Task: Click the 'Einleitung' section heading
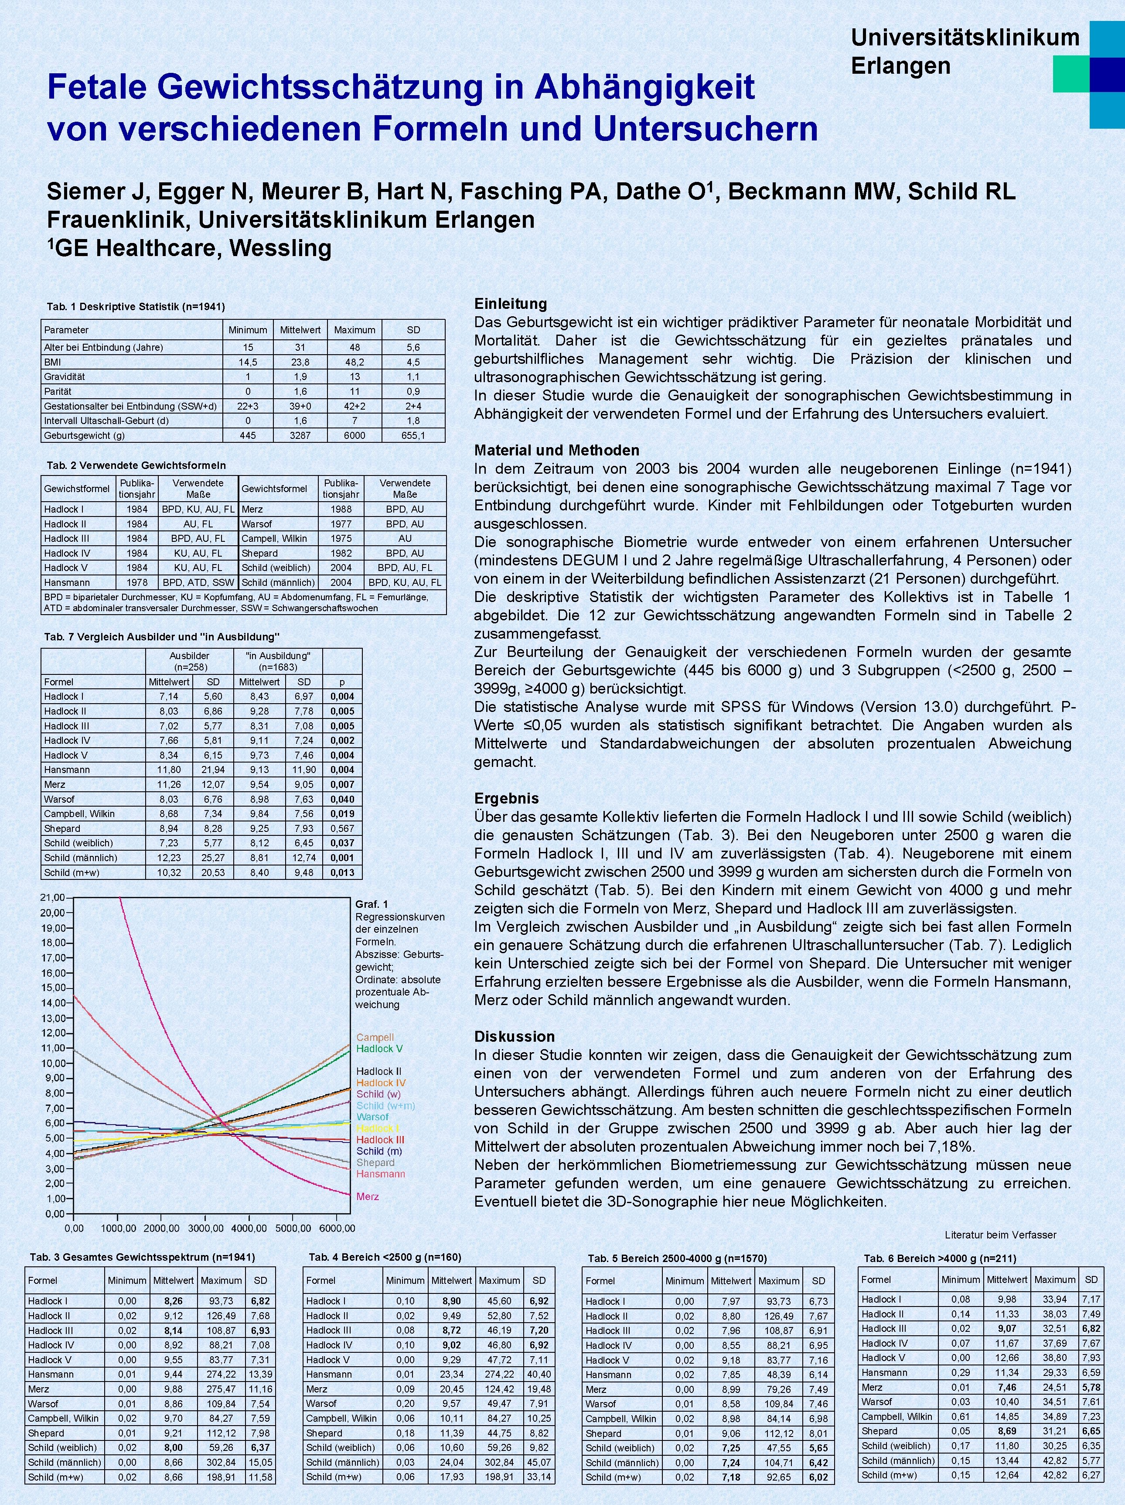(x=510, y=304)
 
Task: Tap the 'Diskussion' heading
(x=514, y=1036)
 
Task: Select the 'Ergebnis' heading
(x=506, y=798)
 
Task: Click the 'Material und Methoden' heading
(x=556, y=451)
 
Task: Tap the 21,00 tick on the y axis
(x=52, y=898)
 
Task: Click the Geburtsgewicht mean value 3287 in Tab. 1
(x=300, y=435)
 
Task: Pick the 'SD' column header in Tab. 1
(x=413, y=330)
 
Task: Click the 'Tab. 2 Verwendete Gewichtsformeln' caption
(x=136, y=465)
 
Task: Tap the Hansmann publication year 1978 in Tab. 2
(x=137, y=582)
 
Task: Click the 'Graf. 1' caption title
(x=372, y=904)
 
